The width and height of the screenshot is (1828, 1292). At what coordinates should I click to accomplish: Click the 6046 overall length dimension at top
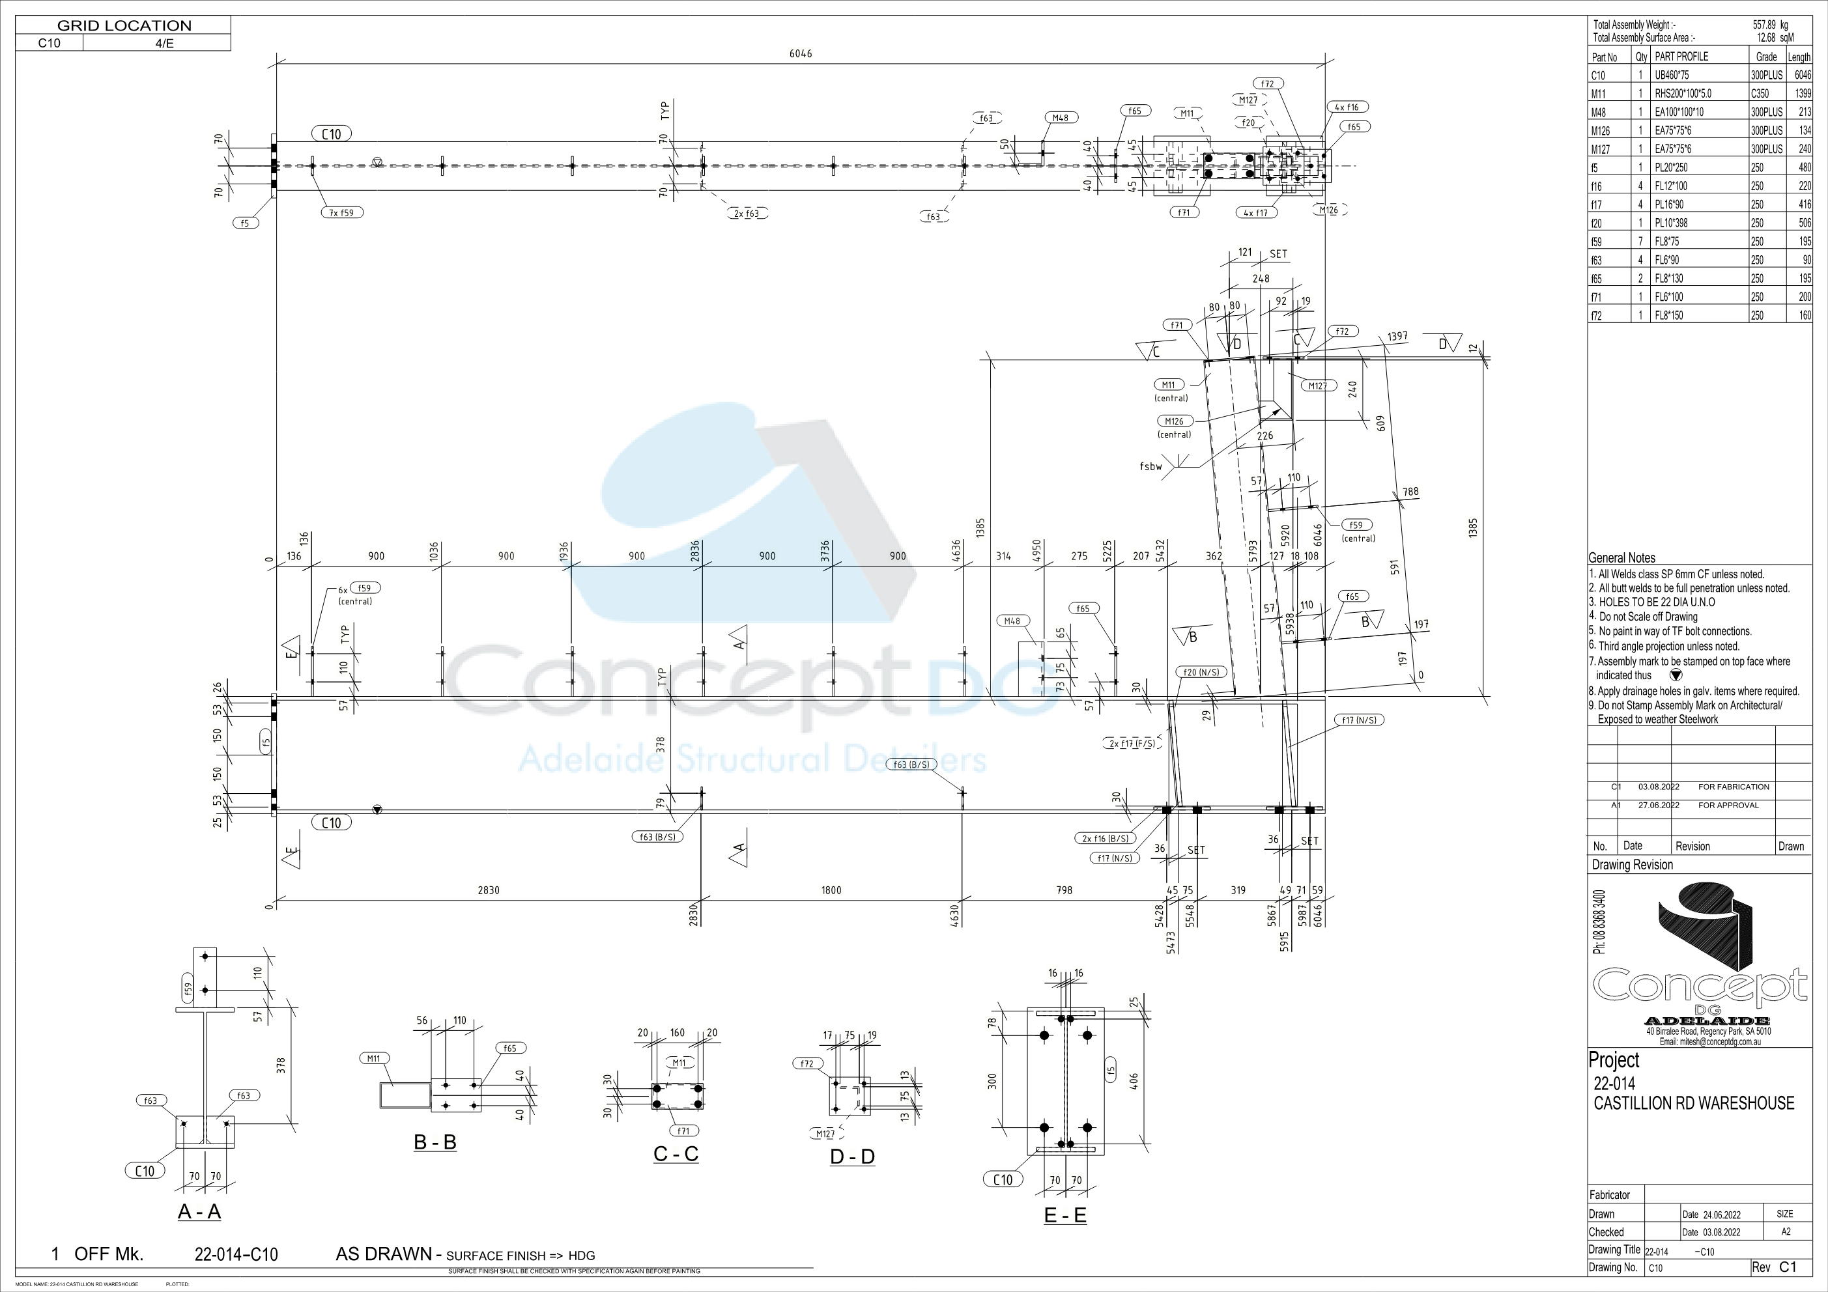point(800,53)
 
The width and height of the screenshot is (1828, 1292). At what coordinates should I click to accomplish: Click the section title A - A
point(199,1212)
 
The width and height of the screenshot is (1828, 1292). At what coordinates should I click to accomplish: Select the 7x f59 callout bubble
point(343,212)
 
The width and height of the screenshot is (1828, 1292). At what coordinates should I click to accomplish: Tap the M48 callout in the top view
point(1061,118)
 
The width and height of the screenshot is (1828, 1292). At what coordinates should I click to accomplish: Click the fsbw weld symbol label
point(1150,466)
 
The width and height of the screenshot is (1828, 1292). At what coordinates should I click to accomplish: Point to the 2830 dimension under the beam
point(488,890)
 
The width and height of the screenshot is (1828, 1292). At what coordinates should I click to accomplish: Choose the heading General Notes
point(1621,558)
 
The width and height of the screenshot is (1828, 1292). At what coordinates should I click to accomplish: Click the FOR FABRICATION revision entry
point(1734,787)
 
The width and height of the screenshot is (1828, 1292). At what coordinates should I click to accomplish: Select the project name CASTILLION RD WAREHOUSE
point(1693,1102)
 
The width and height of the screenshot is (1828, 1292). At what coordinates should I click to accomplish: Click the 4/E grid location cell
point(164,43)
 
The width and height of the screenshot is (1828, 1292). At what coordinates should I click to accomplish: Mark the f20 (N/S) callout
point(1201,672)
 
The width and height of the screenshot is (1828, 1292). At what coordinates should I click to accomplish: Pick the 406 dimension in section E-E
point(1134,1080)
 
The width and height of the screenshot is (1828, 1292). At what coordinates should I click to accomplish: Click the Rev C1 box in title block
point(1780,1267)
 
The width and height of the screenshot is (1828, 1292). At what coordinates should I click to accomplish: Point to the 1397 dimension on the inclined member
point(1397,337)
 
